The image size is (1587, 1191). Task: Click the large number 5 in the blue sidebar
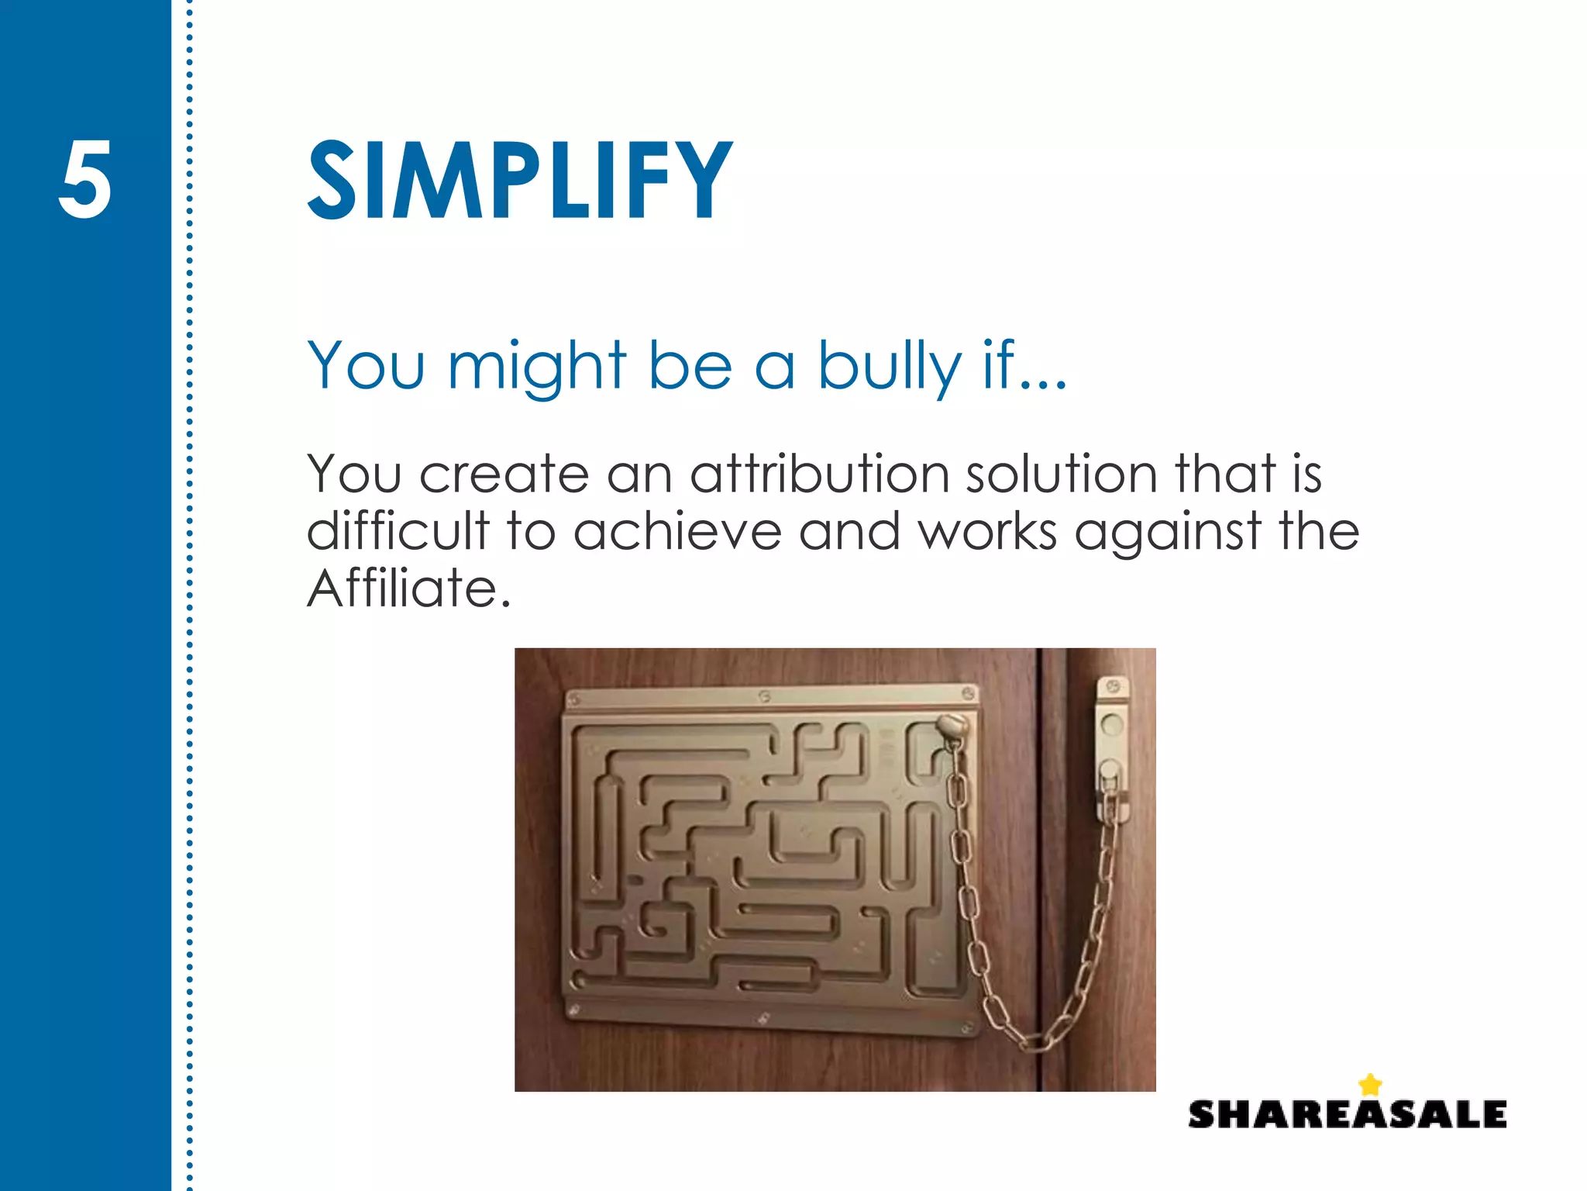(84, 180)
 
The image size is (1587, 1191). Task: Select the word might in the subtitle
(536, 366)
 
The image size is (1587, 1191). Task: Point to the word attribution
(819, 474)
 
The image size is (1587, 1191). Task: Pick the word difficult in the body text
(398, 531)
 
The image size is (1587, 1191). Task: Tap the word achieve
(677, 531)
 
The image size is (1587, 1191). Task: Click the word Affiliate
(408, 589)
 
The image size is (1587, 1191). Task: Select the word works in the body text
(987, 532)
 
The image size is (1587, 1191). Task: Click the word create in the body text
(504, 475)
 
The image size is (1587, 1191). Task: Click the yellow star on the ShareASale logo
(1370, 1084)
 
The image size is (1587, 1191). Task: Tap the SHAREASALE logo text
(1347, 1114)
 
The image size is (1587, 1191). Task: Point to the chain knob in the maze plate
(951, 727)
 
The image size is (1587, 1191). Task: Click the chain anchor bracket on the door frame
(1111, 748)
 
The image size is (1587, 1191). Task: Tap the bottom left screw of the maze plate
(574, 1010)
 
